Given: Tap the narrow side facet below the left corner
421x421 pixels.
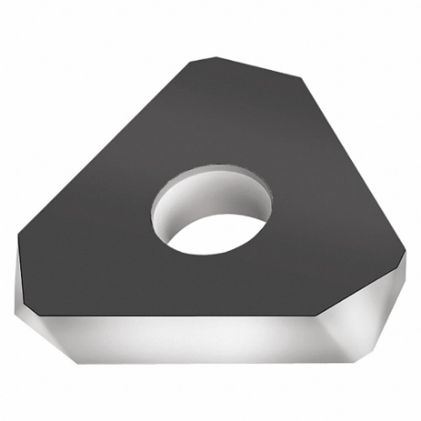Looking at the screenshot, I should coord(26,280).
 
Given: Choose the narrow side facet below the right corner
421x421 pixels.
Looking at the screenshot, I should coord(404,276).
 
